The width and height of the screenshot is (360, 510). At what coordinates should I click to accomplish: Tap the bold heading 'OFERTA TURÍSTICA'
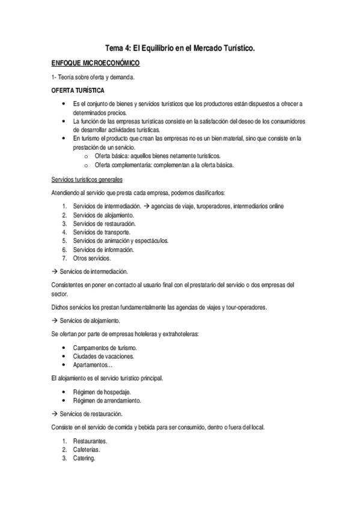[x=78, y=91]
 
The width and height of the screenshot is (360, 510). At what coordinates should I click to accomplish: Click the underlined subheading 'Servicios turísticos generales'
[x=87, y=180]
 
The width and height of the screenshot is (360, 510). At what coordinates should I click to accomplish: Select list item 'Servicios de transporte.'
[x=101, y=232]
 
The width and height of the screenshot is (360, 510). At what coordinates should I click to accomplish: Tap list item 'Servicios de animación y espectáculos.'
[x=120, y=241]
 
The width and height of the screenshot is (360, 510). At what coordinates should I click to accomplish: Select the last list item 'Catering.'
[x=84, y=458]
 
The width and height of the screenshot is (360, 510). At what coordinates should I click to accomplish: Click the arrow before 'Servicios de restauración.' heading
[x=53, y=414]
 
